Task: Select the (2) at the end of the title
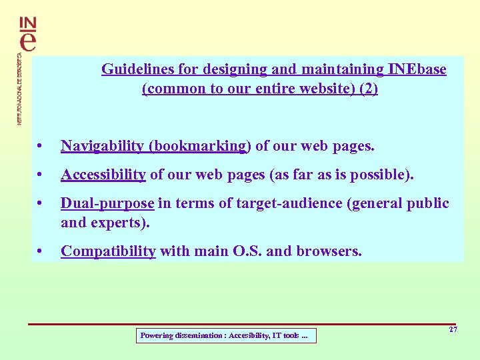coord(368,89)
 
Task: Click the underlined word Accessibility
coord(103,175)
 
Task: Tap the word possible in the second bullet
coord(383,175)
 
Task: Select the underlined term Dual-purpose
coord(107,203)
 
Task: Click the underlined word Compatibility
coord(108,251)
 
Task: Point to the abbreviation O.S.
coord(243,251)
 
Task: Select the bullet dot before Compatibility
coord(41,252)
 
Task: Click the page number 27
coord(453,330)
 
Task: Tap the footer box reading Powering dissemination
coord(225,336)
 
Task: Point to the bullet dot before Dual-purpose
coord(41,204)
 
